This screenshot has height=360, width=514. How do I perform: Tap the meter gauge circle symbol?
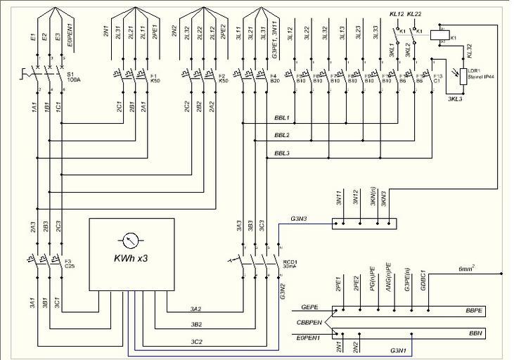tap(131, 240)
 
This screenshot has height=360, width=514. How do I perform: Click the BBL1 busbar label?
tap(282, 118)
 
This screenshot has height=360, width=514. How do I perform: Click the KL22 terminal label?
tap(414, 14)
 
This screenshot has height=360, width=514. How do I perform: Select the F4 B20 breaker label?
tap(273, 77)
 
